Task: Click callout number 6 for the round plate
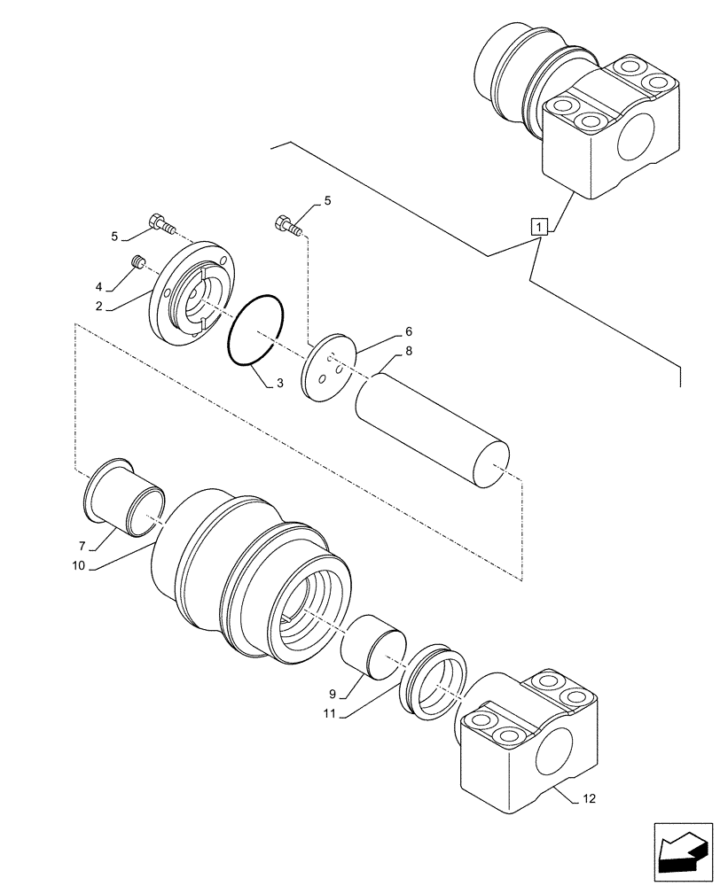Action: [409, 331]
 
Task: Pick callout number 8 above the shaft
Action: [409, 351]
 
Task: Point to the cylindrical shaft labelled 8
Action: [432, 429]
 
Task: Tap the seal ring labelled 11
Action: [434, 677]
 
